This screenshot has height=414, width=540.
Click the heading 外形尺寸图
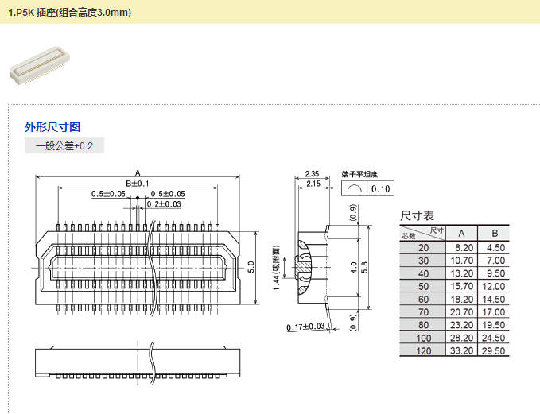point(52,126)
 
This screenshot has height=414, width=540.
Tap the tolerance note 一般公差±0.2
point(64,146)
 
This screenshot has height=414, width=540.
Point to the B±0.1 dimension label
point(138,184)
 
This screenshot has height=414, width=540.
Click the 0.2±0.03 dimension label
point(164,204)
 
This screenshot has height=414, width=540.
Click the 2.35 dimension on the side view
point(312,173)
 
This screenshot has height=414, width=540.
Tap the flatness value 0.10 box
point(381,189)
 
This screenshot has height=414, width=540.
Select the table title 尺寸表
point(417,215)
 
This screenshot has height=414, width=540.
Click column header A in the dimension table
point(461,233)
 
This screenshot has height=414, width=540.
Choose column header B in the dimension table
point(495,233)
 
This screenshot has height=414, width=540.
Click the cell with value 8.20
point(462,247)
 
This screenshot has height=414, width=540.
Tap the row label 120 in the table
point(423,351)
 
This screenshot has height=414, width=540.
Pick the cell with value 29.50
point(495,351)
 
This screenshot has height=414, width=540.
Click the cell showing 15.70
point(462,286)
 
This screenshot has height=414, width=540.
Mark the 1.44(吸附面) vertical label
point(275,265)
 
